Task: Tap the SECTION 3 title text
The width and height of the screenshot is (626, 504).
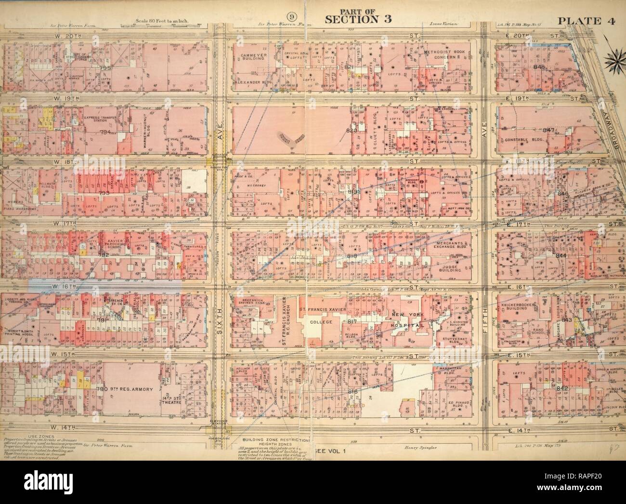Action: (352, 19)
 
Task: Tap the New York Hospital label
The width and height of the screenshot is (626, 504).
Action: (405, 320)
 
